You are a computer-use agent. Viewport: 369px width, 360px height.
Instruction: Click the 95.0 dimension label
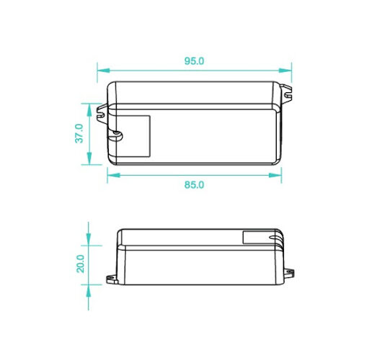point(194,61)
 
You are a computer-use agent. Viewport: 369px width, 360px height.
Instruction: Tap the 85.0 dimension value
point(194,185)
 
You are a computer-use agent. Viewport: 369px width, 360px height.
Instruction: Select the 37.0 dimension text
point(79,133)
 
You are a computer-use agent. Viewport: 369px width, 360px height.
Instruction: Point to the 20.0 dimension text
point(81,264)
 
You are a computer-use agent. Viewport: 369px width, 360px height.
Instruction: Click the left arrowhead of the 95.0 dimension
point(104,71)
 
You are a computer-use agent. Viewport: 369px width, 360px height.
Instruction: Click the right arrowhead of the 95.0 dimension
point(285,71)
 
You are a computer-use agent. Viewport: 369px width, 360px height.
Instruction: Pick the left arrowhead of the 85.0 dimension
point(113,175)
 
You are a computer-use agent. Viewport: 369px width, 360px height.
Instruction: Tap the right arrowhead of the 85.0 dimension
point(275,175)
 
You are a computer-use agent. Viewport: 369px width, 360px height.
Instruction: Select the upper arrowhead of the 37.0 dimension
point(89,110)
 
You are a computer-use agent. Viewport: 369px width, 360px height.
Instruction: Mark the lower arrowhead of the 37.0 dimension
point(89,158)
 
